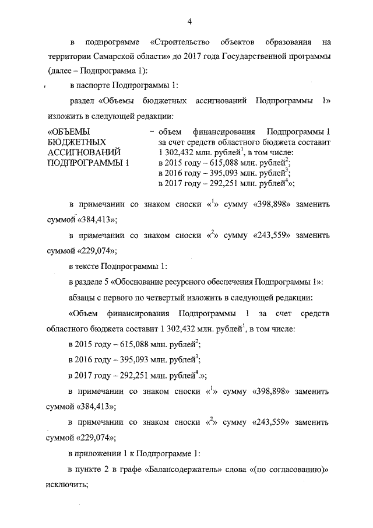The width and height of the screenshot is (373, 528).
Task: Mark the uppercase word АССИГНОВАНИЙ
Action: click(x=84, y=152)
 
